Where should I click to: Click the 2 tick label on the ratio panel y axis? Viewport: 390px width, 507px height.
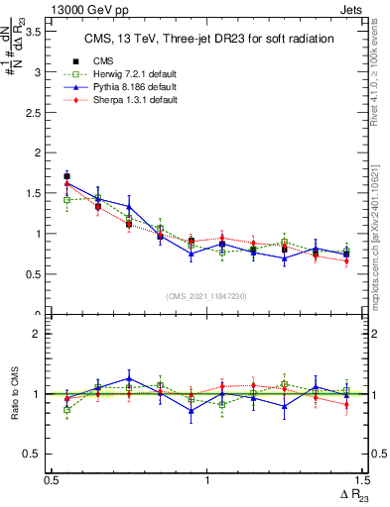[x=41, y=334]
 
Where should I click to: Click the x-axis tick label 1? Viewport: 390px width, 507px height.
[x=206, y=480]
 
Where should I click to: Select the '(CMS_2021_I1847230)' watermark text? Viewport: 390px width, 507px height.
[x=206, y=296]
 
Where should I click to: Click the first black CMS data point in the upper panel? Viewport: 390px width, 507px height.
[x=67, y=176]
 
